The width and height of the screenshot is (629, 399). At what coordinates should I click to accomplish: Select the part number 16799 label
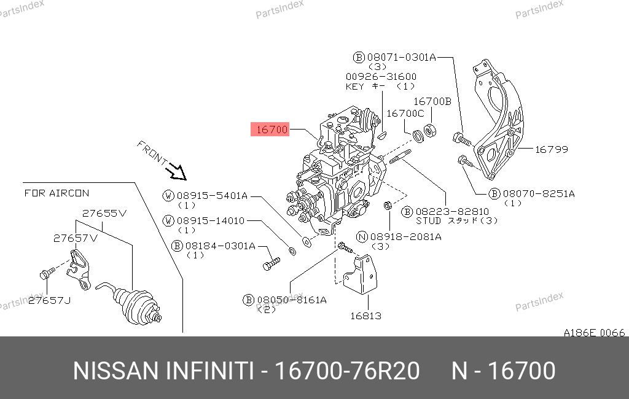tap(552, 150)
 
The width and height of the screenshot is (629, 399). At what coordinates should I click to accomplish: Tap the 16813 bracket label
tap(366, 316)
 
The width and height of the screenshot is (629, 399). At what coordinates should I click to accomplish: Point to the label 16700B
tap(432, 101)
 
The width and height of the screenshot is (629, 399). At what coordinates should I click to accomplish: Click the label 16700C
tap(405, 114)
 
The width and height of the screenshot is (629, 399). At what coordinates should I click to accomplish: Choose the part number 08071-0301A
tap(402, 57)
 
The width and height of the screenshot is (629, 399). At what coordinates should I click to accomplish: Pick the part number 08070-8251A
tap(539, 194)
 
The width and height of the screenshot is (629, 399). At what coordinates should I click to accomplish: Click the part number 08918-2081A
tap(406, 237)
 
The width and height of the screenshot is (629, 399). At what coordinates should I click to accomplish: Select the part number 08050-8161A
tap(292, 300)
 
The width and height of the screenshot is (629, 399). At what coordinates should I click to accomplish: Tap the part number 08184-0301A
tap(221, 246)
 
